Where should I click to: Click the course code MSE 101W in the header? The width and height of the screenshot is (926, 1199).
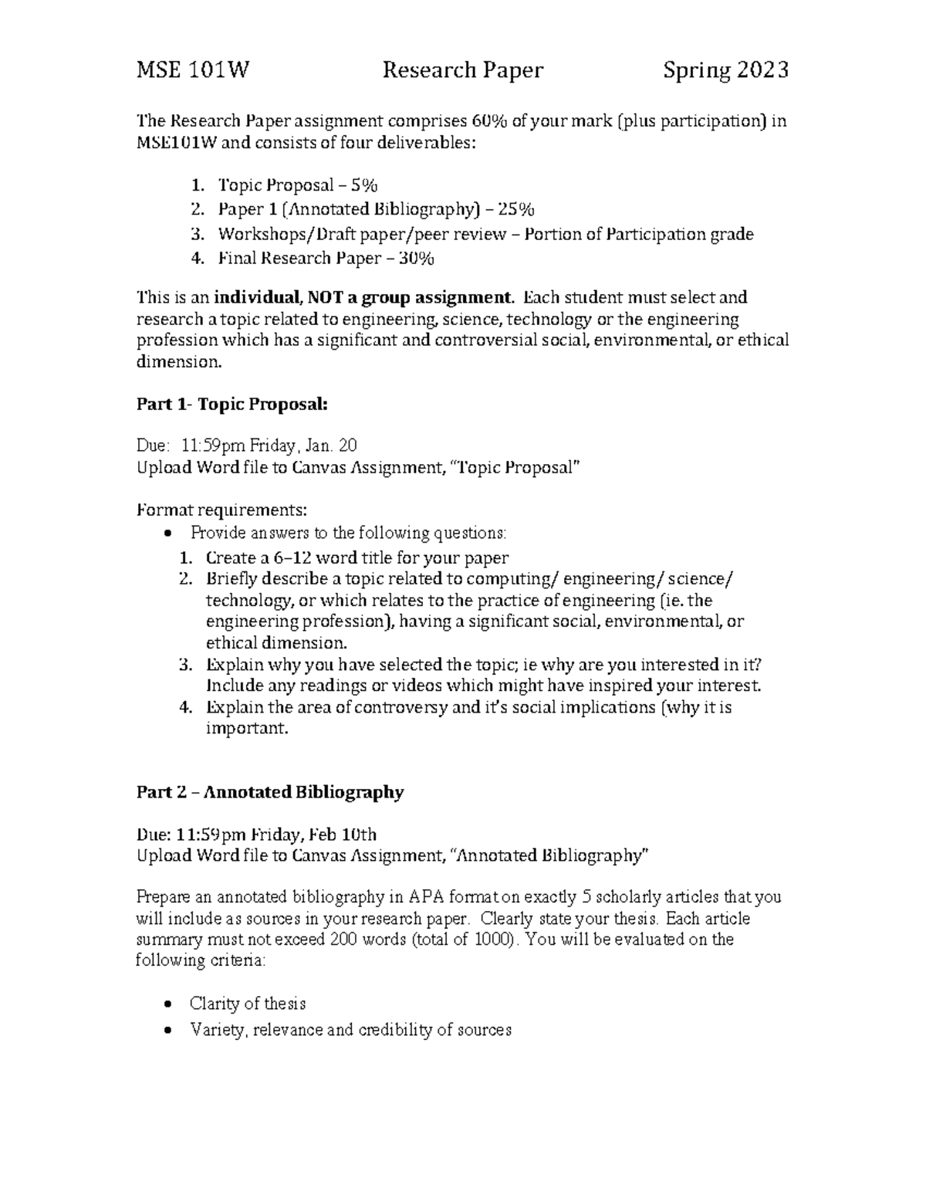point(193,71)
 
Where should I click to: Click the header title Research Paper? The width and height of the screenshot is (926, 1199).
point(463,71)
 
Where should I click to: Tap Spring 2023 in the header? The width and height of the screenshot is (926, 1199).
point(725,71)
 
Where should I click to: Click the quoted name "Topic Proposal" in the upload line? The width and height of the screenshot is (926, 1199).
point(514,468)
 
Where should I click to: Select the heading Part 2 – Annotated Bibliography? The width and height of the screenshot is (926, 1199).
point(270,793)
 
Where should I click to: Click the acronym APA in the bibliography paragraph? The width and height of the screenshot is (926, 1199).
point(427,897)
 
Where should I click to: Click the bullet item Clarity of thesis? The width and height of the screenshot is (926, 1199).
point(248,1004)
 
